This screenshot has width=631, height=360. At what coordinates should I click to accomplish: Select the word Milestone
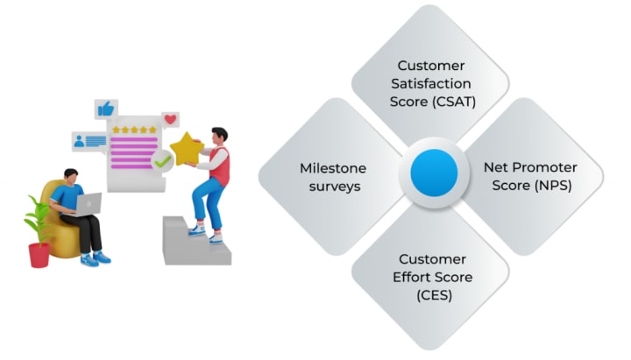332,167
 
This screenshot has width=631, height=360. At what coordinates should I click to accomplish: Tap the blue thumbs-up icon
107,109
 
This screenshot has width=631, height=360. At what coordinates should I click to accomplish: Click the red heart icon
171,118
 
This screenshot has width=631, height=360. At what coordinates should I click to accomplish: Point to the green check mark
162,161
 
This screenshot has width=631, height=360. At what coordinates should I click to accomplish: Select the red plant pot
39,254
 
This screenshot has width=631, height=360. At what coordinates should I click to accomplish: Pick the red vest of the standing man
220,166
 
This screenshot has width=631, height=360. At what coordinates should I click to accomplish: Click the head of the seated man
69,179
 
